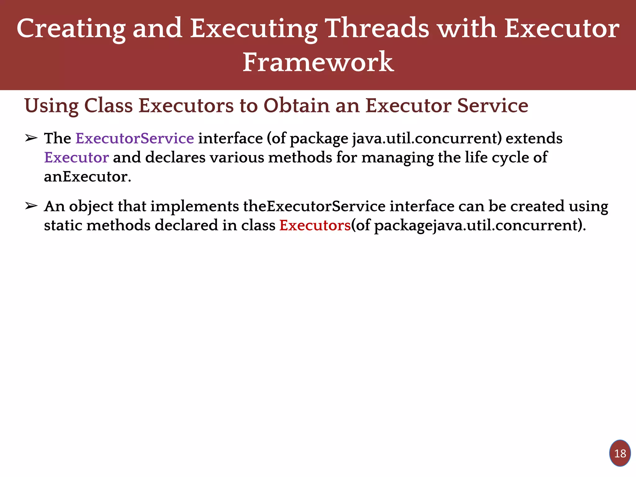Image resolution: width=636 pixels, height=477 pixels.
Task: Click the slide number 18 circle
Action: (620, 453)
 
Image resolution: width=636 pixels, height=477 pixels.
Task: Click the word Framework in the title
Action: (318, 62)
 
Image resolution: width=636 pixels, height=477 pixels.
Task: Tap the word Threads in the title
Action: (378, 29)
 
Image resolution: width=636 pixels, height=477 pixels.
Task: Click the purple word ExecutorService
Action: (135, 138)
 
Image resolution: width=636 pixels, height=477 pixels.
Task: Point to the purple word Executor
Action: (76, 157)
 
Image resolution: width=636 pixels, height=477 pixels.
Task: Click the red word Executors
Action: (315, 225)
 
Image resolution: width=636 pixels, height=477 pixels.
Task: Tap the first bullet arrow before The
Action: (31, 138)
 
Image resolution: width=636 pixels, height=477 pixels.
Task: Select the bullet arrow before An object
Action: (31, 206)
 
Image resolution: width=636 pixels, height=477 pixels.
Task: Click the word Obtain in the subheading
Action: (296, 106)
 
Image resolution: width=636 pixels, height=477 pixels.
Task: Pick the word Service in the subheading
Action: (493, 106)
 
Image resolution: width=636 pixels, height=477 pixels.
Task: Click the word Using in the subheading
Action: (51, 106)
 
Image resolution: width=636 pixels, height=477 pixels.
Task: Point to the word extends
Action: (534, 138)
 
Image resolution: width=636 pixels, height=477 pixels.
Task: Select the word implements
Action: (195, 207)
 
